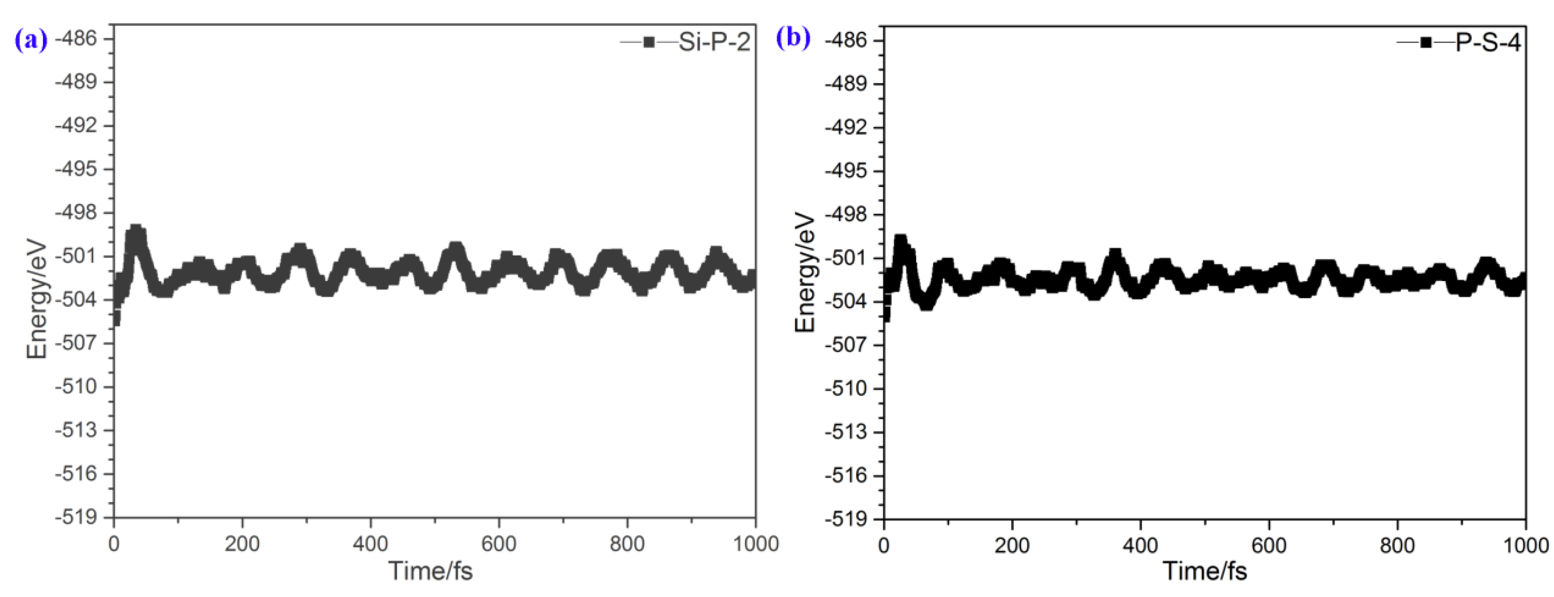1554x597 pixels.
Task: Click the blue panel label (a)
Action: [30, 41]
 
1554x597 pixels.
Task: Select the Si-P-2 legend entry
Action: [714, 42]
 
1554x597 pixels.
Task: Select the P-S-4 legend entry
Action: [1488, 43]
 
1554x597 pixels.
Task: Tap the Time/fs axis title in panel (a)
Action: [430, 570]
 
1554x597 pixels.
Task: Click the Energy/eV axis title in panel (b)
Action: [805, 273]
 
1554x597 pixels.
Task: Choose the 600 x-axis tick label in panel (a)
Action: [498, 544]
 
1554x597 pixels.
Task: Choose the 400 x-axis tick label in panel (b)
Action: [1140, 546]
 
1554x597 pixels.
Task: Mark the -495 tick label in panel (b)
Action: [846, 171]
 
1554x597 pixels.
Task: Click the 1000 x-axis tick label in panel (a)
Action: [755, 544]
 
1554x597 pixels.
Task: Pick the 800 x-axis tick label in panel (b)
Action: [1397, 546]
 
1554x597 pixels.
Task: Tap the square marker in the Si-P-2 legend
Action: [649, 42]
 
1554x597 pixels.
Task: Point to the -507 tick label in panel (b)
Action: [846, 345]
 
